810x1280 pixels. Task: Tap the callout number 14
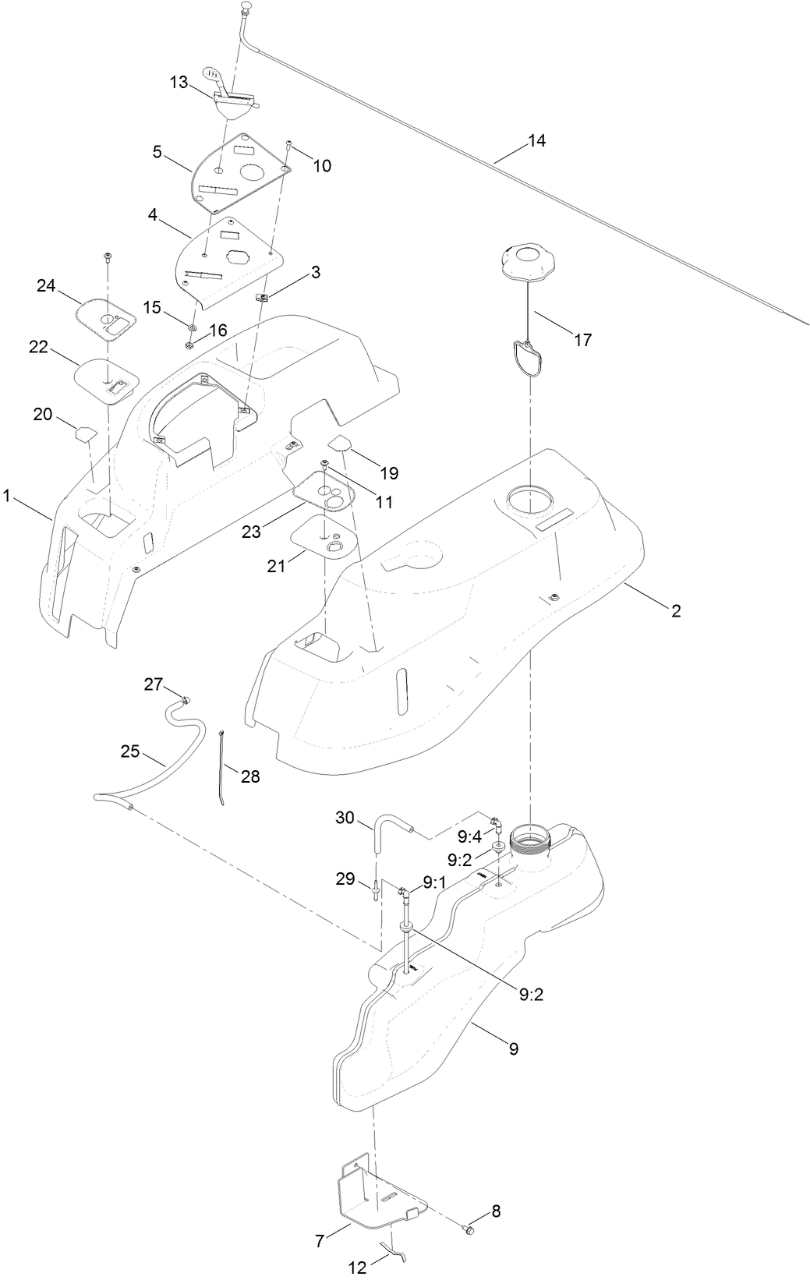pos(536,141)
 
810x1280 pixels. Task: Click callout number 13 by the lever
pos(179,82)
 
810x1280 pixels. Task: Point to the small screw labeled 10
pos(289,144)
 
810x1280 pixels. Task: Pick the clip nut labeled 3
pos(263,296)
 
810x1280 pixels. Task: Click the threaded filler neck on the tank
pos(530,841)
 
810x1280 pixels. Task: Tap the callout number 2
pos(676,611)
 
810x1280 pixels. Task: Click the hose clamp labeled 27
pos(186,699)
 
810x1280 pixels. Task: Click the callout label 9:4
pos(470,836)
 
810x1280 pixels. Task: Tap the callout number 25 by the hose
pos(130,752)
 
